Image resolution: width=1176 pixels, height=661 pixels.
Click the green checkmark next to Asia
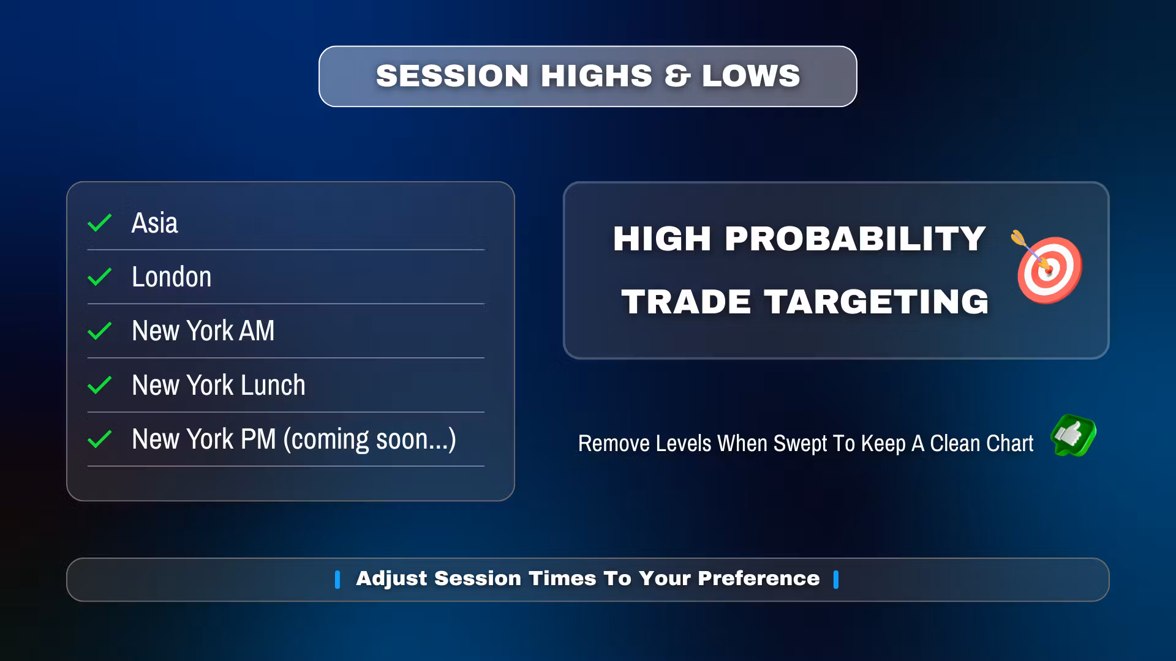pos(99,223)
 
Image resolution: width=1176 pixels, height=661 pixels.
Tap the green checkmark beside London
pos(99,277)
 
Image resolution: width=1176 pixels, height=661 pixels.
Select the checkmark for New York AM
pos(99,331)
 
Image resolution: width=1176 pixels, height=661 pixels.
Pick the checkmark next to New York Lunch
pos(99,385)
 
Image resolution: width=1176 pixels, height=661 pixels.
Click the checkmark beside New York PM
pos(99,439)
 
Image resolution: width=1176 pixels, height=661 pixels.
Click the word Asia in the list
pos(155,223)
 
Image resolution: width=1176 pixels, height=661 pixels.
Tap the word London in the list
pos(171,277)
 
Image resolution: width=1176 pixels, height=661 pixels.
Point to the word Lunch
pos(273,385)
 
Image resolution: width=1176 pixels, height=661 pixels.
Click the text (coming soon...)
pos(370,439)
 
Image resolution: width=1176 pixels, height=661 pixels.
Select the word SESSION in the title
pos(453,76)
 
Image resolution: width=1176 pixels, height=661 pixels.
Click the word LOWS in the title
pos(752,76)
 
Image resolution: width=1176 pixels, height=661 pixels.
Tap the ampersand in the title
pos(677,76)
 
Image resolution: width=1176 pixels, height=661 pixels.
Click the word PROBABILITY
pos(856,239)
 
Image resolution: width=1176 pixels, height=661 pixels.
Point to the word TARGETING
pos(876,302)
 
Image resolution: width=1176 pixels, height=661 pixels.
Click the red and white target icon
pos(1048,267)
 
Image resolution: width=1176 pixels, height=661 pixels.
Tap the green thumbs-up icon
pos(1073,435)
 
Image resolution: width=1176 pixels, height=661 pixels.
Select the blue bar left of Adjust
pos(337,580)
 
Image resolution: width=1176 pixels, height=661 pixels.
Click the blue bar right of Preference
pos(836,580)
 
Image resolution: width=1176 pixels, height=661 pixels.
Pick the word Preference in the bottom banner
pos(758,578)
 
